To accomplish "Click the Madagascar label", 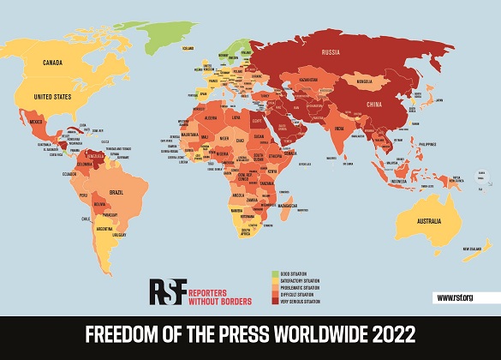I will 287,206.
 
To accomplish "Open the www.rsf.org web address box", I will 456,297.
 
